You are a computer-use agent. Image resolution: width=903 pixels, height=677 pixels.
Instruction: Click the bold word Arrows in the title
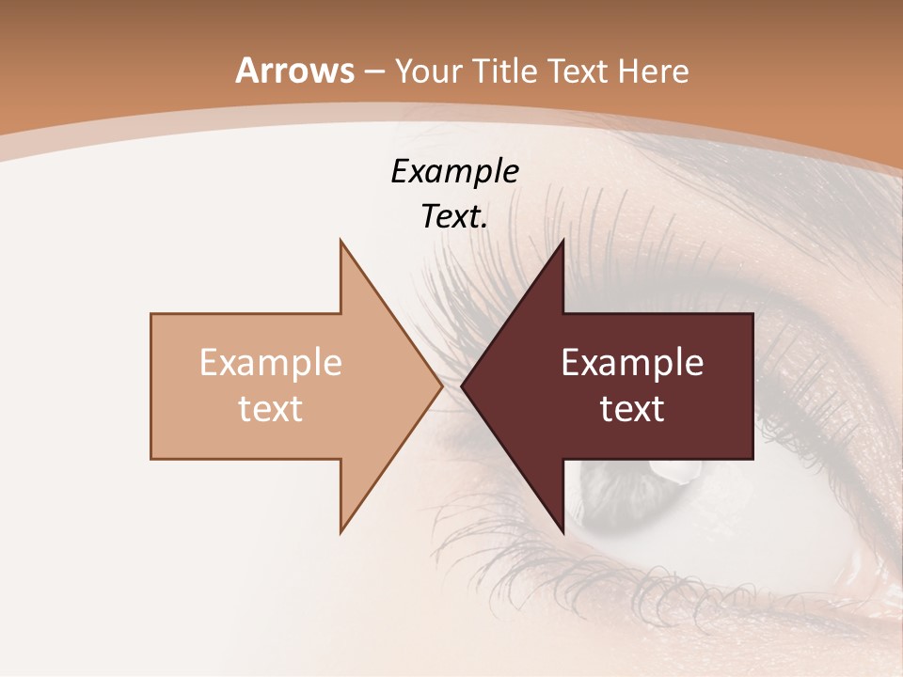click(294, 71)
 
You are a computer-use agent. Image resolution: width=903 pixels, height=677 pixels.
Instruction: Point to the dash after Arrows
click(373, 72)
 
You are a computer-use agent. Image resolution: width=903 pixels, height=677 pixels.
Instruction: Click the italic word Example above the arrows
click(454, 171)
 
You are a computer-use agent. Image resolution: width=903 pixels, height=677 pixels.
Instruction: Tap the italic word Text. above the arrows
click(454, 217)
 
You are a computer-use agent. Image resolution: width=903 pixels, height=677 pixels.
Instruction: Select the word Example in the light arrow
click(271, 362)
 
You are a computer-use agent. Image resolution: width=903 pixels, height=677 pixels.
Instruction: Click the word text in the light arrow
click(271, 409)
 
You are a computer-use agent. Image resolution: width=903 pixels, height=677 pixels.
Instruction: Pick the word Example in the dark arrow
click(632, 362)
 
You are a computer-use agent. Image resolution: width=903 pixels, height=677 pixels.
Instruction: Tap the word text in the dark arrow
click(632, 409)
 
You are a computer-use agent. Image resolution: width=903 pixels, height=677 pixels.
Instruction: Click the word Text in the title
click(578, 71)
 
